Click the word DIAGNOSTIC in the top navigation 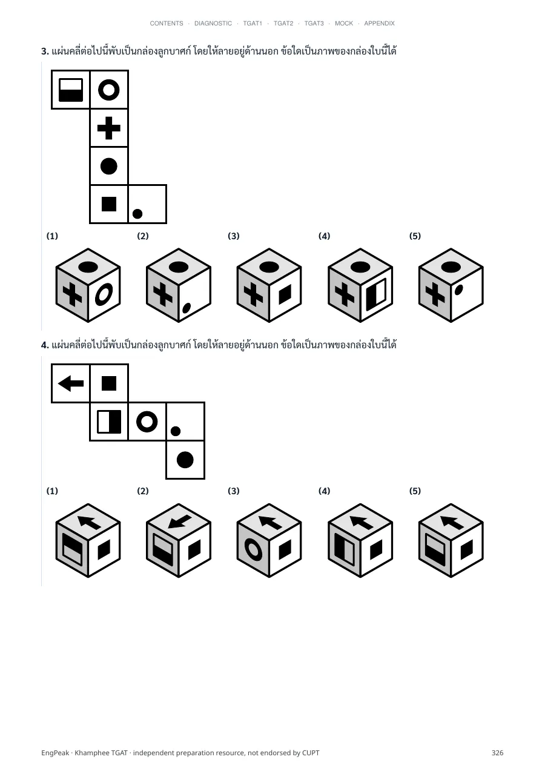213,24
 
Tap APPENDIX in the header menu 379,24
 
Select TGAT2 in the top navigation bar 283,24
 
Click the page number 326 497,753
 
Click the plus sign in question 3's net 109,128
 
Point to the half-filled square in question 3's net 70,90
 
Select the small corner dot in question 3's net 137,214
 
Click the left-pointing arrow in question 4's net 70,383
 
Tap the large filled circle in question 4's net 185,460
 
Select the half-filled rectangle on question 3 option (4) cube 375,294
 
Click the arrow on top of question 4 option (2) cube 180,522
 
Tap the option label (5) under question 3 415,236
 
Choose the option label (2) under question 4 143,491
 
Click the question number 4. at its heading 45,345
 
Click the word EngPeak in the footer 55,753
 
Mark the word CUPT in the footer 311,753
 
